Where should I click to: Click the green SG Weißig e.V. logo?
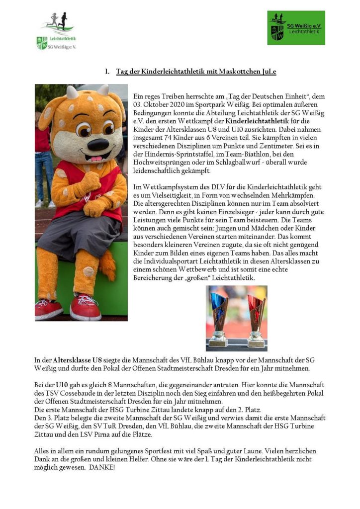(296, 28)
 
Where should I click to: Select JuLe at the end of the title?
(269, 72)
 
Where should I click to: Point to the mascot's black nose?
(97, 145)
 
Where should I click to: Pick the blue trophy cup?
(219, 318)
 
